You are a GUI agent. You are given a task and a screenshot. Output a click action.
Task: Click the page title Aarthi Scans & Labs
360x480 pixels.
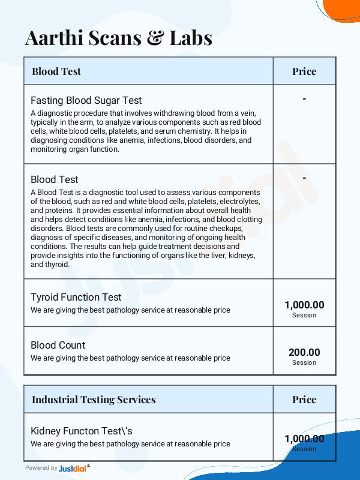pos(118,38)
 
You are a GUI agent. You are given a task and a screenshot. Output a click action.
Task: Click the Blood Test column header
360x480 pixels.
pos(56,71)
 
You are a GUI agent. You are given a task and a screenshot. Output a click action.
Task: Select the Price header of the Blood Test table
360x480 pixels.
pos(304,71)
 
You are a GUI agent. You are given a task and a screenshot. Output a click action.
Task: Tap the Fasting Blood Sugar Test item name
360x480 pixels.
pos(86,100)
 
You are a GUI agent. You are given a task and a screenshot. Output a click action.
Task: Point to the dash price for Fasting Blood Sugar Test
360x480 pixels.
pos(304,98)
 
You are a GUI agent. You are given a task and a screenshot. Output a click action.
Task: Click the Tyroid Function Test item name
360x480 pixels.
pos(76,297)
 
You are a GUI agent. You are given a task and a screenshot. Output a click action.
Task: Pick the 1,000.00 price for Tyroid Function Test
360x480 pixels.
pos(304,305)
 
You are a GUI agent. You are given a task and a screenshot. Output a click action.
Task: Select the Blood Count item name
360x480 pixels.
pos(58,345)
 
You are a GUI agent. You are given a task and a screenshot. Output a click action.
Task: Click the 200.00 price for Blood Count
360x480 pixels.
pos(304,352)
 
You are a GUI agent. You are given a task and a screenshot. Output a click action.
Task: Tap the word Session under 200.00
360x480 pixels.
pos(304,362)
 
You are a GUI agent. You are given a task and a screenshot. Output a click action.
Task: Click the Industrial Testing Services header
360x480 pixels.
pos(94,400)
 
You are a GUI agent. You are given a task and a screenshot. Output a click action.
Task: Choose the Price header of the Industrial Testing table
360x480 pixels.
pos(304,400)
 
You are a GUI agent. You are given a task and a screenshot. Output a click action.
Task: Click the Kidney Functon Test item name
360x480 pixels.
pos(82,431)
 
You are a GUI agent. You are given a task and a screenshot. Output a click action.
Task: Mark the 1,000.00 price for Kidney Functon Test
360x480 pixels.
pos(304,439)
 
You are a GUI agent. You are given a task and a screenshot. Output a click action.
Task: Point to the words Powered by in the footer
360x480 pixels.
pos(41,468)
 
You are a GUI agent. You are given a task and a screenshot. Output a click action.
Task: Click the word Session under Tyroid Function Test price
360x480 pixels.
pos(304,315)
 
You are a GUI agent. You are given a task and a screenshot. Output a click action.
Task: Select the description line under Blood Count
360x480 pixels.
pos(130,358)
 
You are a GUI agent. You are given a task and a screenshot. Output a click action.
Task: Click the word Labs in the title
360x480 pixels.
pos(189,38)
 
